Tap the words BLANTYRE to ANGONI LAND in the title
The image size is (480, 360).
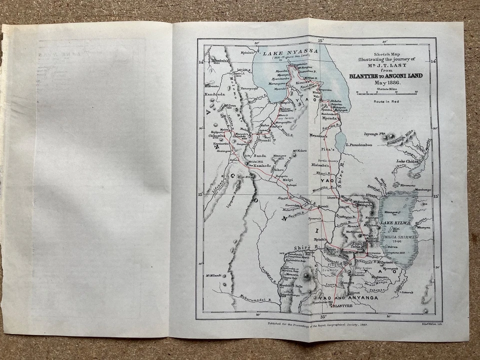click(385, 75)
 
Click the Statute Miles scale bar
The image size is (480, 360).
click(385, 92)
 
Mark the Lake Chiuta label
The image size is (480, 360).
click(407, 161)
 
